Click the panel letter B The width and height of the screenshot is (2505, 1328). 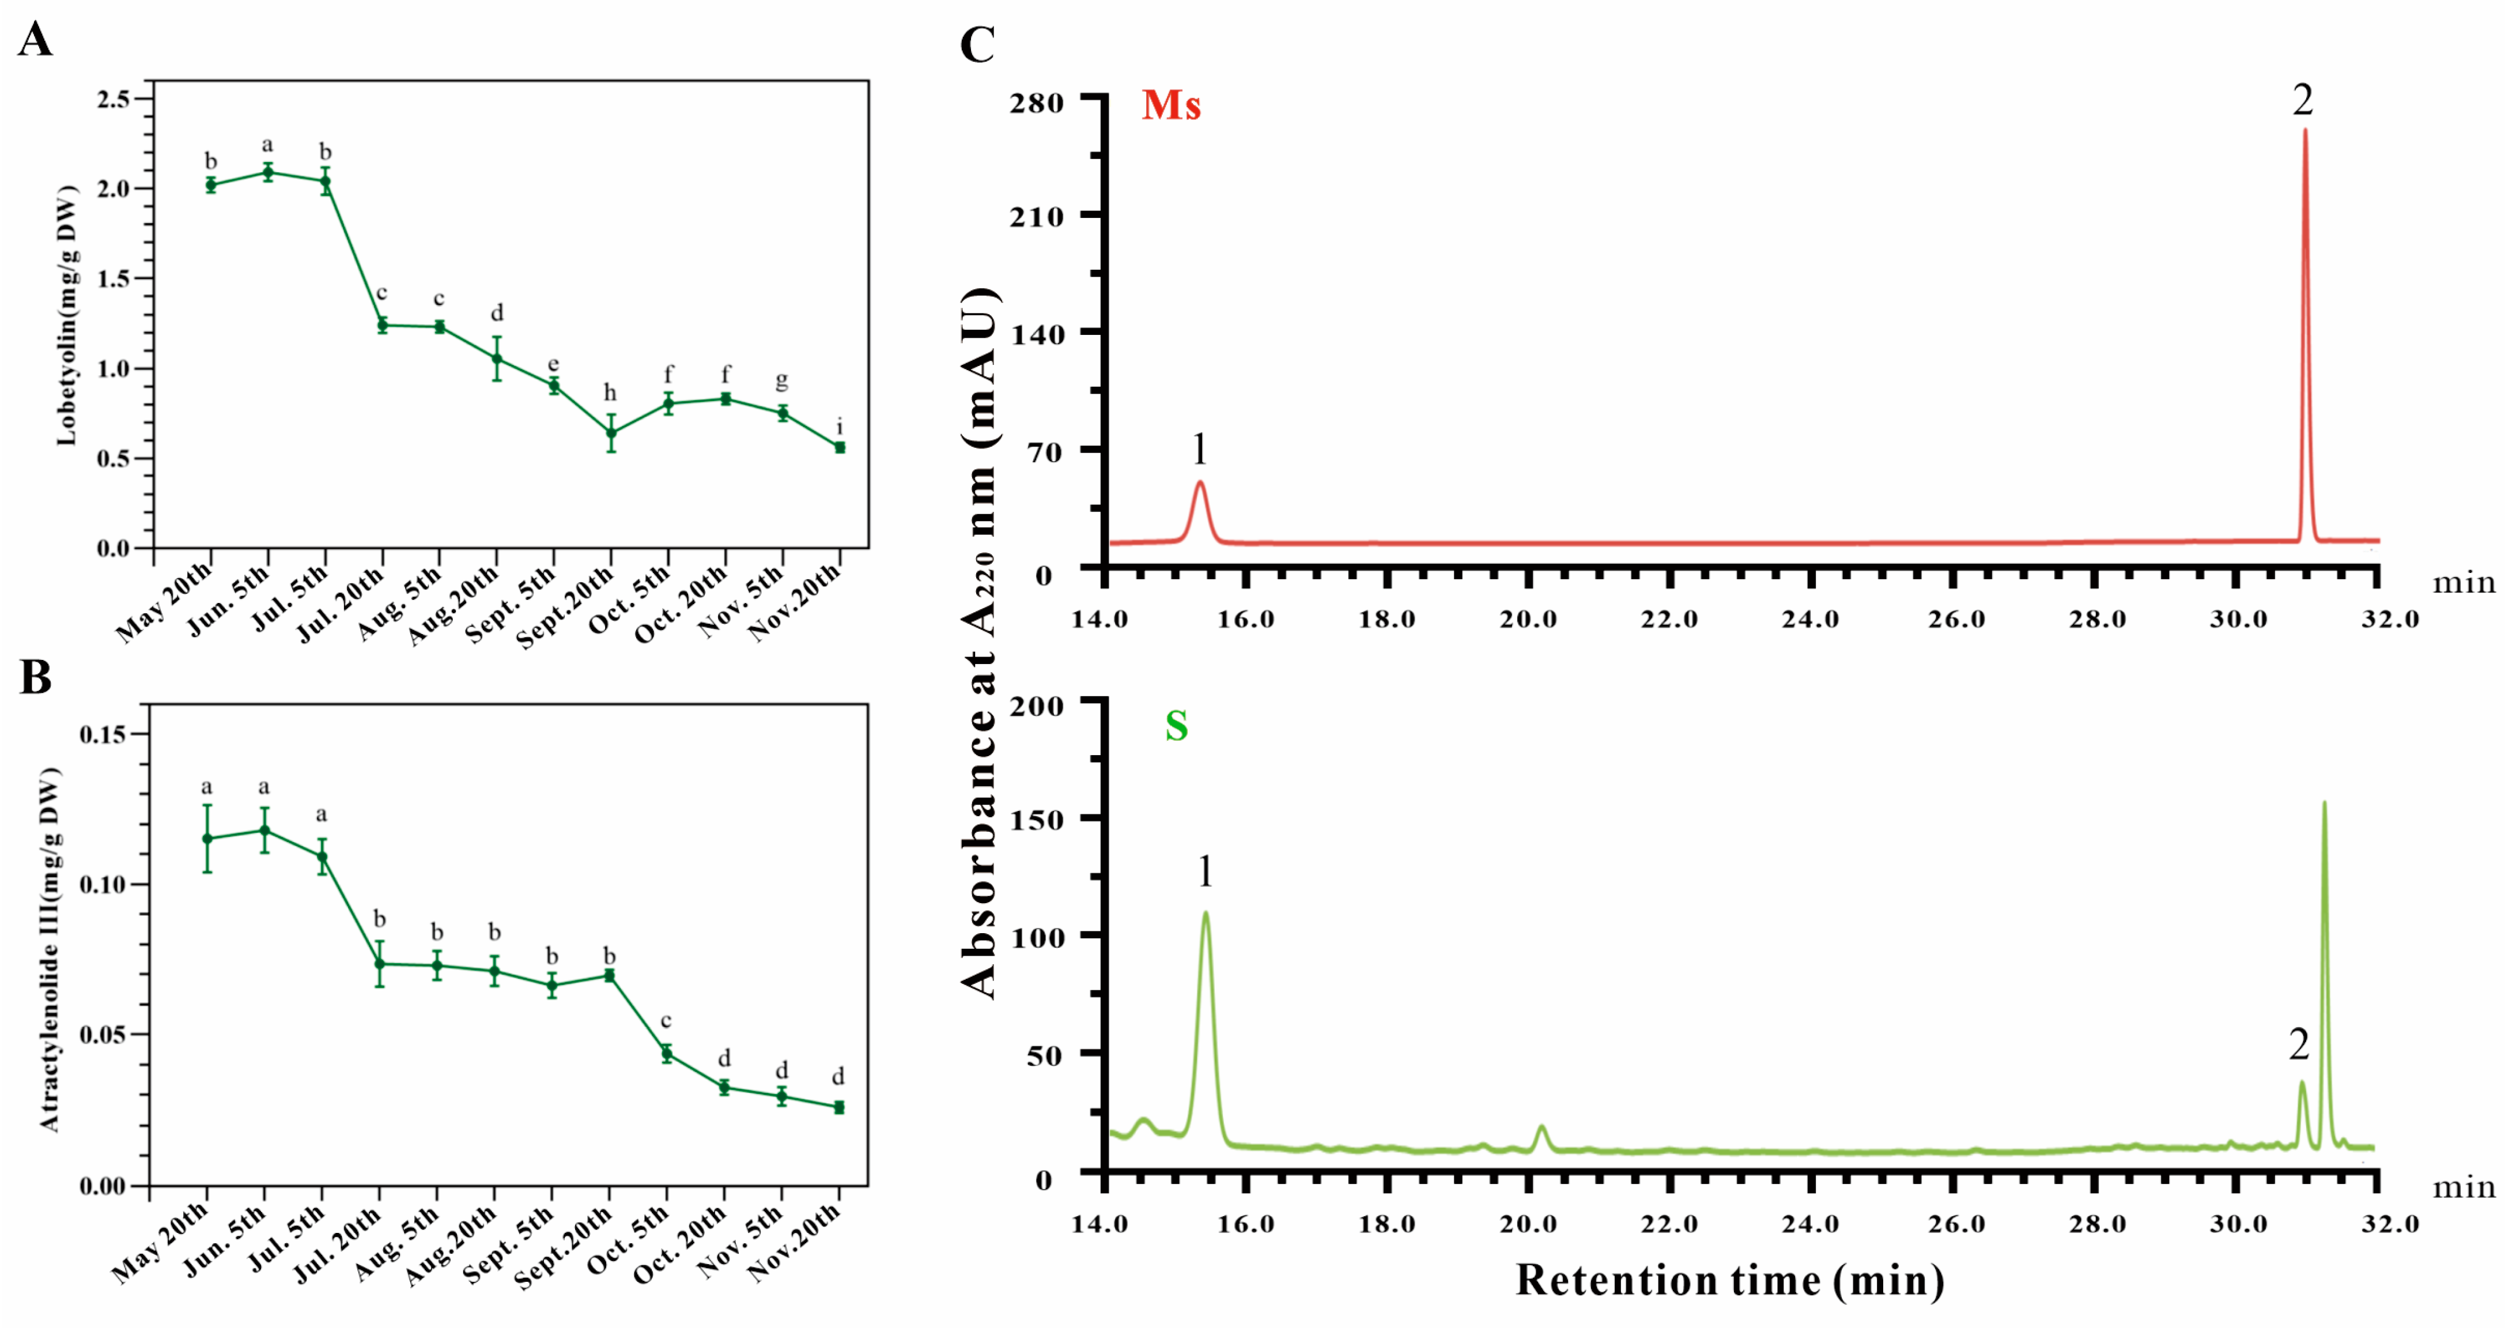(x=35, y=677)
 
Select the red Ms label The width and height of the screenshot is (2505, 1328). (x=1171, y=105)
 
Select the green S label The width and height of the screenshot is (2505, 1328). (x=1177, y=726)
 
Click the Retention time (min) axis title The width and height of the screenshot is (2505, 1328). (x=1729, y=1280)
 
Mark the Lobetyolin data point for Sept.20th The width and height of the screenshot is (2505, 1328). (x=611, y=433)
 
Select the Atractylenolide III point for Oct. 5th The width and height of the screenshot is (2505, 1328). (x=667, y=1054)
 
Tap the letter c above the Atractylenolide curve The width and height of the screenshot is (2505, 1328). (x=666, y=1021)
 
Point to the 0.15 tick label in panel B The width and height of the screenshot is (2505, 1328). (x=103, y=734)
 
